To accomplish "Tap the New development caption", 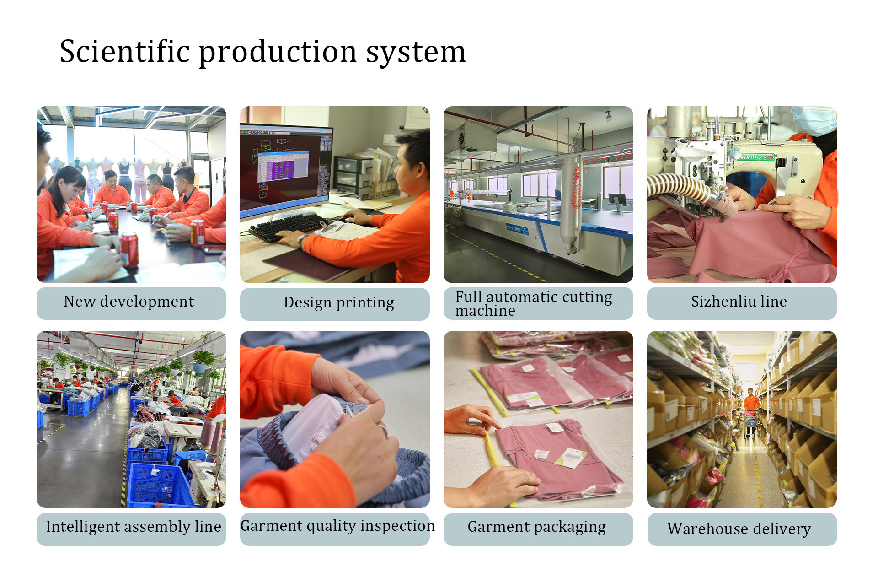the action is coord(129,302).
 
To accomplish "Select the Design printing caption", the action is coord(339,303).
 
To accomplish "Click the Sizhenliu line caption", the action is coord(739,302).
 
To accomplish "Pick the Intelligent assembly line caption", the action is coord(134,527).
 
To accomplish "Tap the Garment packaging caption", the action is coord(537,527).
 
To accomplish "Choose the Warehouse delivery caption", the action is coord(739,529).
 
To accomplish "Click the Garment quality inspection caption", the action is coord(337,526).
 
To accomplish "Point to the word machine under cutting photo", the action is coord(485,311).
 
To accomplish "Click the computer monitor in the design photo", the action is coord(287,168).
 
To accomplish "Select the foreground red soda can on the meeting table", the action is coord(129,249).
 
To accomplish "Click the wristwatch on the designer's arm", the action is coord(301,240).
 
